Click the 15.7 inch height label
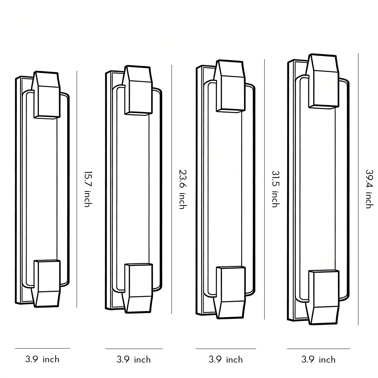pyautogui.click(x=87, y=189)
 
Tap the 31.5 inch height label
pyautogui.click(x=275, y=189)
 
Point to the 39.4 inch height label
pyautogui.click(x=369, y=189)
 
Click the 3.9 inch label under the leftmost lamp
pyautogui.click(x=42, y=359)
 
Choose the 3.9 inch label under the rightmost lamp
pyautogui.click(x=318, y=359)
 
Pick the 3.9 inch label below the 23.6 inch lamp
pyautogui.click(x=134, y=359)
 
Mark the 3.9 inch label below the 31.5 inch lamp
pyautogui.click(x=226, y=359)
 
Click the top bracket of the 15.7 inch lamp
pyautogui.click(x=47, y=94)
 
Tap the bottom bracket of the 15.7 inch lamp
pyautogui.click(x=47, y=283)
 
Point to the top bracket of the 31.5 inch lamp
pyautogui.click(x=230, y=86)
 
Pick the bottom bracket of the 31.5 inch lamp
pyautogui.click(x=230, y=292)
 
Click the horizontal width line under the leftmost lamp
pyautogui.click(x=42, y=348)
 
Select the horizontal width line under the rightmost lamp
pyautogui.click(x=318, y=349)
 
